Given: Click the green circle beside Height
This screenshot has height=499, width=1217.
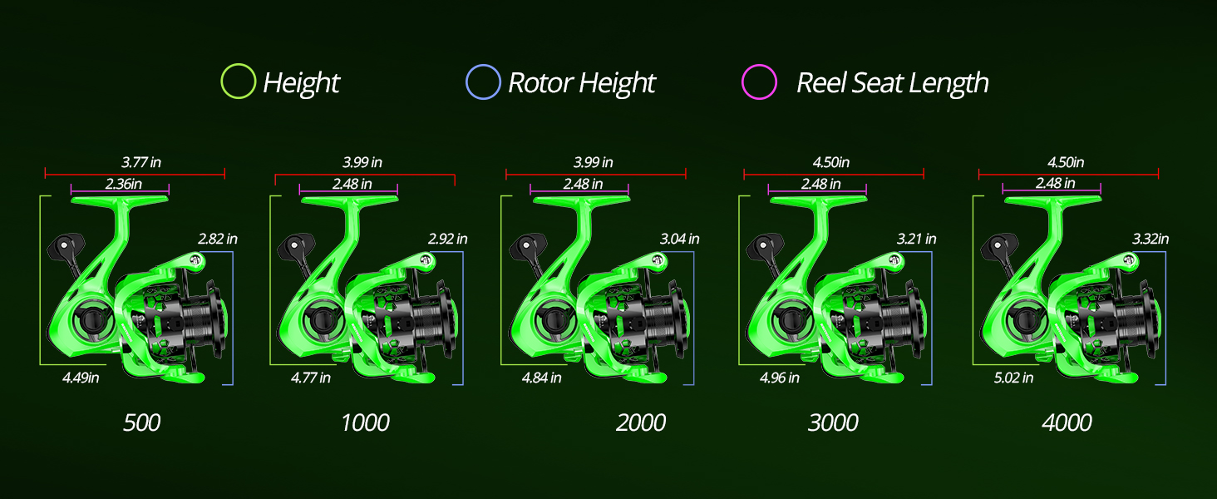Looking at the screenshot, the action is pos(238,82).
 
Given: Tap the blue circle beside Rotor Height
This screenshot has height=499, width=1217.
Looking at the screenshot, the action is pos(483,82).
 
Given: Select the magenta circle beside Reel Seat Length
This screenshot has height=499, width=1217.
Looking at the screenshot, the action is pos(759,82).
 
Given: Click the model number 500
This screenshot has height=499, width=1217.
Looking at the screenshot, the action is pos(141,422).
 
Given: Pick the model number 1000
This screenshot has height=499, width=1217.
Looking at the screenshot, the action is pos(365,422).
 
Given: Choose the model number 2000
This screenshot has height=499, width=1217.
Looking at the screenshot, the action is pos(641,422).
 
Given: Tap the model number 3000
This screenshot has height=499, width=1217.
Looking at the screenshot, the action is pos(833,422).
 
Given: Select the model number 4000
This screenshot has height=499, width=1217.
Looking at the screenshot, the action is pos(1067,422).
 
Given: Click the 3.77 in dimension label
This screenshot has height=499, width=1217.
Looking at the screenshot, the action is pos(135,162).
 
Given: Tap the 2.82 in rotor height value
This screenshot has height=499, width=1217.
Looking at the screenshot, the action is pos(218,239).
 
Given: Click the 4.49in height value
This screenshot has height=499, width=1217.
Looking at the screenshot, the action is pos(81,378).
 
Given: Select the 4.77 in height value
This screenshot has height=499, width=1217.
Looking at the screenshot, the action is pos(311,378).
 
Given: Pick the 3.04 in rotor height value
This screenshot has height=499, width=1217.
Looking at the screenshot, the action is pos(679,239).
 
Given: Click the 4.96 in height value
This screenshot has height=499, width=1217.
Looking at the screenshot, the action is pos(780,378).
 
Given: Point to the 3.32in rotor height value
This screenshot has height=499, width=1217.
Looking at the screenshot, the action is pos(1150,239).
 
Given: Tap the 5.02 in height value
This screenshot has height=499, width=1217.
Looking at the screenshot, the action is pos(1013,378).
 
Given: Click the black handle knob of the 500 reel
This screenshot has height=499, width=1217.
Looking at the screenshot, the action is pos(67,246).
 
